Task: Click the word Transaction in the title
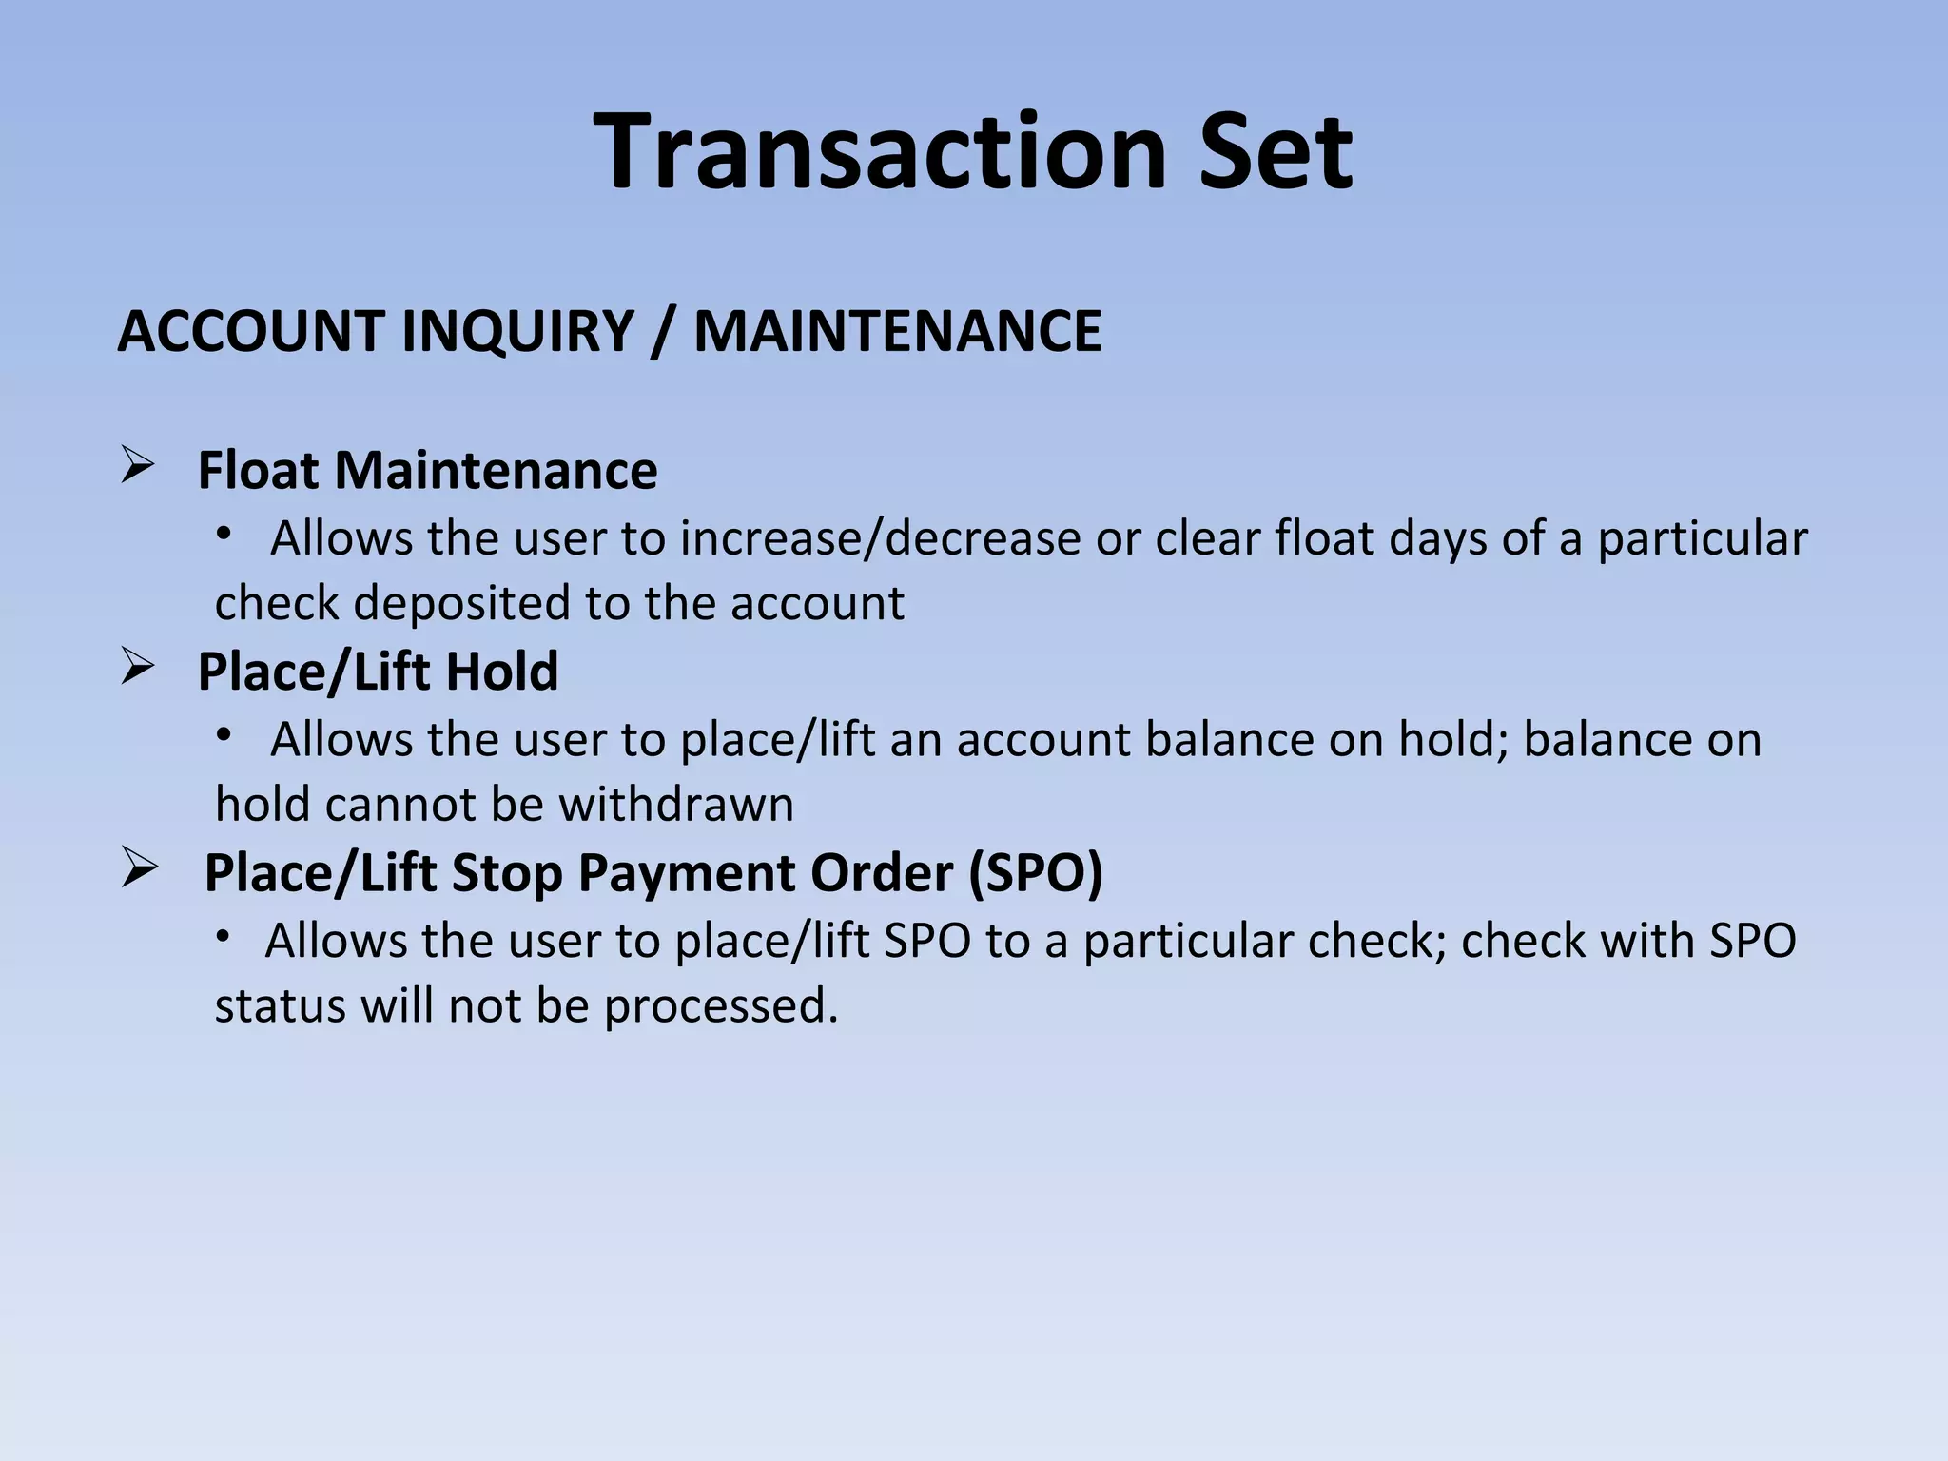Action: click(x=880, y=152)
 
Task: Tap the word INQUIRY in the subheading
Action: click(x=517, y=332)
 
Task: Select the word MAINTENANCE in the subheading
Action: click(x=897, y=332)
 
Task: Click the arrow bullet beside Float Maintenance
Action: click(x=138, y=467)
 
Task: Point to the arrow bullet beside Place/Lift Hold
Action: click(x=138, y=668)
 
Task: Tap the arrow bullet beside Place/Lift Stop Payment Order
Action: click(x=138, y=869)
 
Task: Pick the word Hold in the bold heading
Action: click(x=501, y=672)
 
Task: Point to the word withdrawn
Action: click(x=675, y=805)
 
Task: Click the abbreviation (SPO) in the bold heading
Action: click(x=1036, y=873)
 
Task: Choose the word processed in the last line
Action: click(x=720, y=1006)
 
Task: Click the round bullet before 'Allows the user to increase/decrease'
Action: click(x=224, y=536)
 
